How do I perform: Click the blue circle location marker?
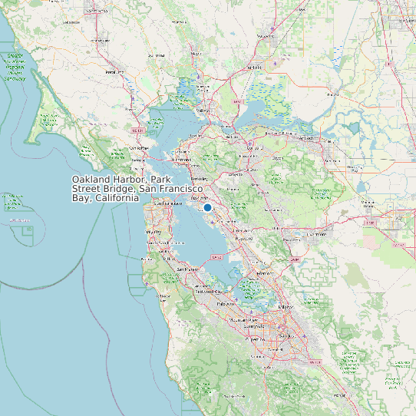pos(207,207)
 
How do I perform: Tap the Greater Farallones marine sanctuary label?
pos(13,67)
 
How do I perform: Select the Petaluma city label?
pos(114,71)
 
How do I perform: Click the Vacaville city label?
pos(265,36)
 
